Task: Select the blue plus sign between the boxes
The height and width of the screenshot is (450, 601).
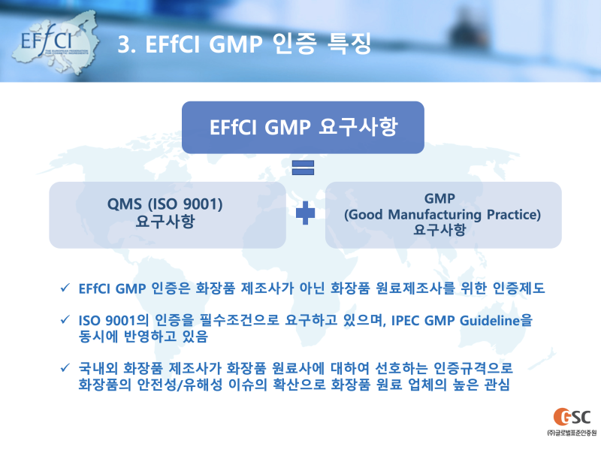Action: click(x=305, y=213)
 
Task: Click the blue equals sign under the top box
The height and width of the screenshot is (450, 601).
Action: click(x=303, y=167)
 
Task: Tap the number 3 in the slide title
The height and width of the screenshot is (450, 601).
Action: click(x=125, y=44)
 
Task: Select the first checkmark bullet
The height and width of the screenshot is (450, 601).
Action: click(x=65, y=287)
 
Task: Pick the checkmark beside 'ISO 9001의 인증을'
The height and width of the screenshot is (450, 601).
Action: click(x=65, y=321)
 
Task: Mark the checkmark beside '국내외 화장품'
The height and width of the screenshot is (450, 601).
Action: click(x=65, y=369)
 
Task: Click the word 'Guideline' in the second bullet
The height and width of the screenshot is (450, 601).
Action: click(x=488, y=322)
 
